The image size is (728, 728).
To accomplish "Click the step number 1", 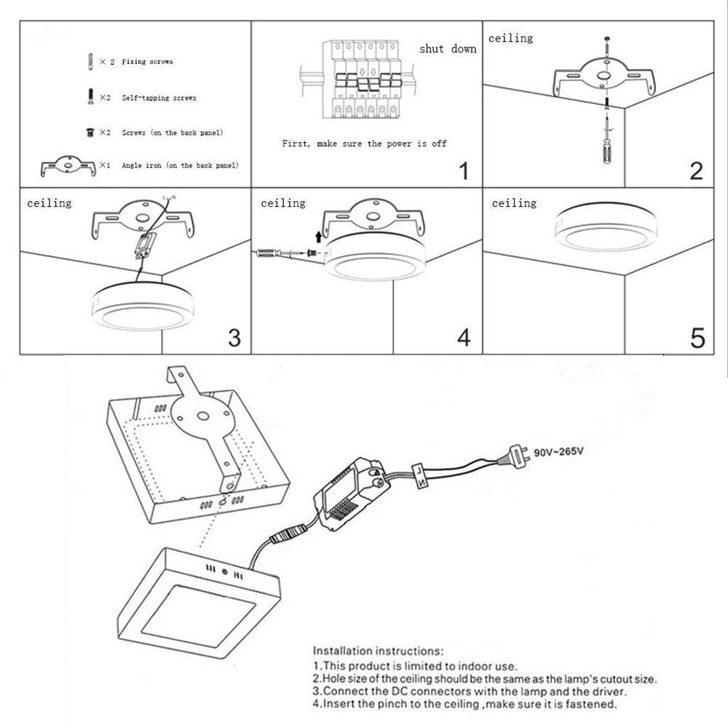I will point(464,172).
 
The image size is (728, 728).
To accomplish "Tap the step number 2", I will point(696,170).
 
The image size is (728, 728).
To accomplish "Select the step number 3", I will point(234,338).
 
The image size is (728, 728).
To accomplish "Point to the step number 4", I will point(464,338).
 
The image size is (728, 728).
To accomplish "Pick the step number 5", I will point(697,338).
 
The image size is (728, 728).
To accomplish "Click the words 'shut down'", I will point(448,49).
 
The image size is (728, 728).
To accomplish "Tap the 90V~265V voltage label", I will point(558,452).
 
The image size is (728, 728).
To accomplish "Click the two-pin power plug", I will point(513,457).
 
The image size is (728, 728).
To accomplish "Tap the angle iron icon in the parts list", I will point(68,166).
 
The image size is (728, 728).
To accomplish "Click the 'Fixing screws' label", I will point(147,62).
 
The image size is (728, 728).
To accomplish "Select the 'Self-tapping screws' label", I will point(159,98).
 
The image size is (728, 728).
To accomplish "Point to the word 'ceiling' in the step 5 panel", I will point(514,203).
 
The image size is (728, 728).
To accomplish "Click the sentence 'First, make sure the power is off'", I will point(364,143).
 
